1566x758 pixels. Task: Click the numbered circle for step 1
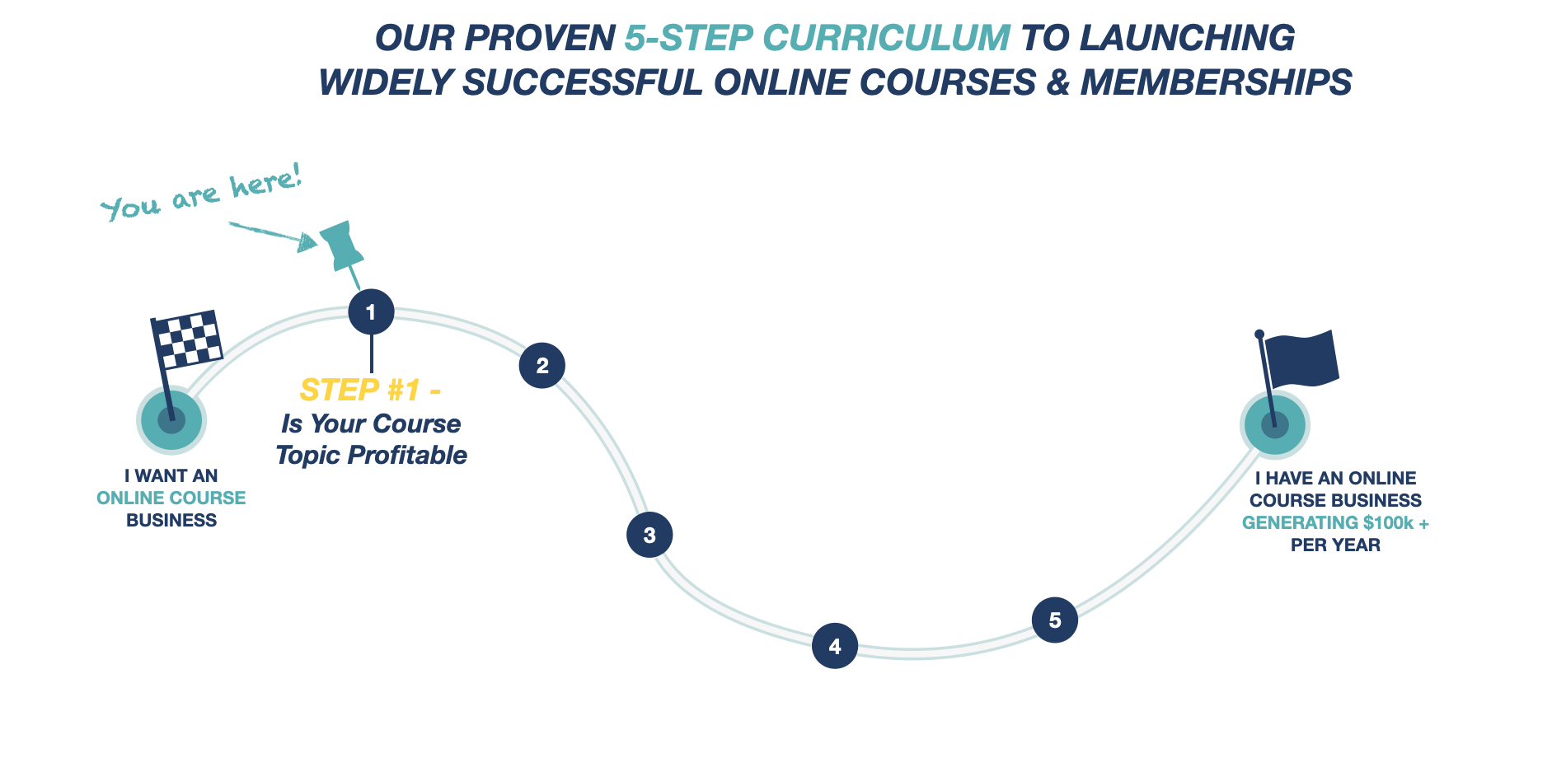[371, 311]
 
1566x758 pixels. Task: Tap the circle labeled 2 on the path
[542, 365]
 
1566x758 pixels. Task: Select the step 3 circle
[649, 535]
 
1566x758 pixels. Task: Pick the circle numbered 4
[835, 646]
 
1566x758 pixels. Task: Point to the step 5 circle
[1055, 620]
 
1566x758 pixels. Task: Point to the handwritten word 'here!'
[265, 181]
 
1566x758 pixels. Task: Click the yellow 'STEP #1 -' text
[370, 389]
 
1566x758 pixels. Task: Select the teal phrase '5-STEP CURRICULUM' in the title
[817, 38]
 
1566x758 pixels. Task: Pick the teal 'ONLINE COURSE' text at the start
[171, 498]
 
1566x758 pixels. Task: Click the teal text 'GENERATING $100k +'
[1335, 522]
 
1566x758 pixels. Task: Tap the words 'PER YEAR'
[1335, 545]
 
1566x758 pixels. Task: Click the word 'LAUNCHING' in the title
[1187, 38]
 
